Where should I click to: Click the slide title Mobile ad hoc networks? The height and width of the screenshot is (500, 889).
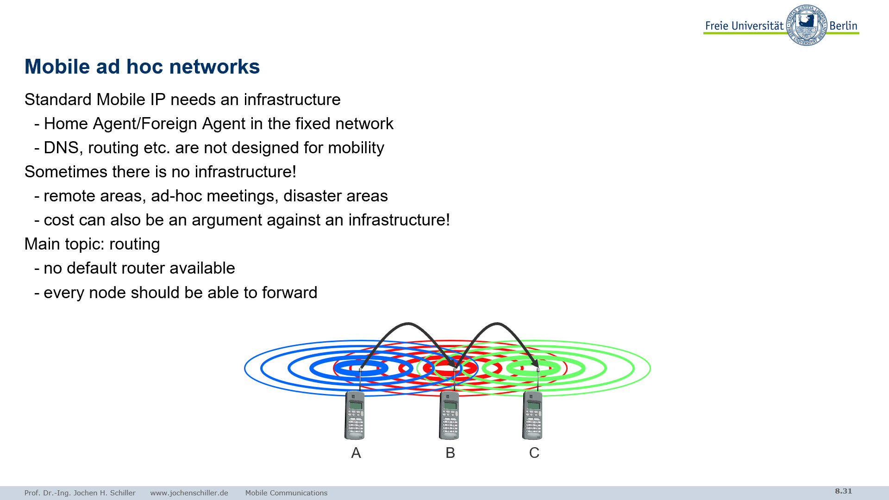(x=142, y=67)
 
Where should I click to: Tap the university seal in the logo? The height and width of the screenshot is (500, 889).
(x=807, y=25)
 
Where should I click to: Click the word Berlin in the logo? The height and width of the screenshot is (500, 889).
(x=844, y=26)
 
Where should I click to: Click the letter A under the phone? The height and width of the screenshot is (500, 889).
(x=356, y=453)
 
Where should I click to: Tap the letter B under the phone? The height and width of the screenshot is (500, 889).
(x=451, y=453)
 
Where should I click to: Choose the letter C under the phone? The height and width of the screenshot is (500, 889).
(x=534, y=453)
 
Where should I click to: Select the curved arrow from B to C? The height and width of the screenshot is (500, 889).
(x=497, y=324)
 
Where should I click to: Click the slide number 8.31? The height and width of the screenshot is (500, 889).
(x=844, y=491)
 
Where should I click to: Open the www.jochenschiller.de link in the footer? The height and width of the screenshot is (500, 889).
(x=189, y=493)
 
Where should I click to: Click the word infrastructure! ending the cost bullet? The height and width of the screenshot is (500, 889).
(x=399, y=220)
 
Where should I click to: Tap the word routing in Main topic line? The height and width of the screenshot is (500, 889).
(x=135, y=244)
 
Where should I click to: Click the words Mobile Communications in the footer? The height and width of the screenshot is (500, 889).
(x=286, y=493)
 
